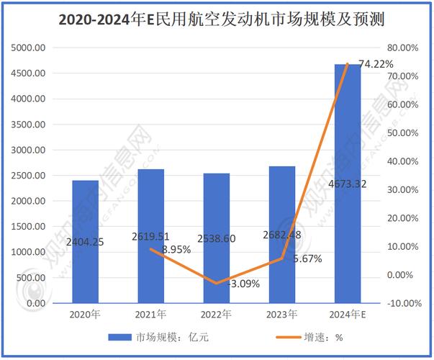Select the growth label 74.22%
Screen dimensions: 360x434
point(376,65)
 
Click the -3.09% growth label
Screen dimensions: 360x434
point(243,284)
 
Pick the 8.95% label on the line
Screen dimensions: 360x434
point(176,249)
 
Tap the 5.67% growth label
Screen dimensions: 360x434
point(307,258)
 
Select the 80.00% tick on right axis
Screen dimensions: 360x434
point(404,48)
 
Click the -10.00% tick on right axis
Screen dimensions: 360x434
point(402,303)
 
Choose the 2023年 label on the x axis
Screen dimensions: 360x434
point(283,315)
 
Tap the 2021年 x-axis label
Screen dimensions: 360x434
point(150,315)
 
